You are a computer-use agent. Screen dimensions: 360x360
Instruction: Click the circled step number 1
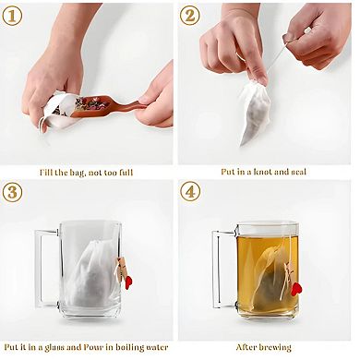click(15, 15)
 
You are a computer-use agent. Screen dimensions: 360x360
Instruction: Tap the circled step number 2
click(191, 15)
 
